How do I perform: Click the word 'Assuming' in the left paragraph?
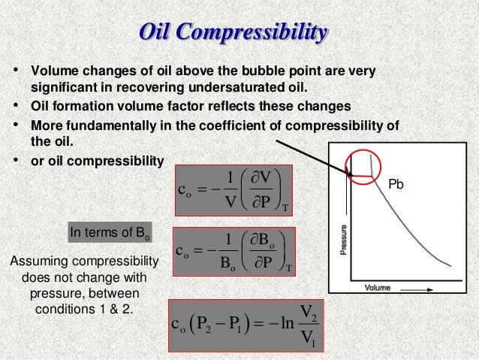[33, 262]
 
